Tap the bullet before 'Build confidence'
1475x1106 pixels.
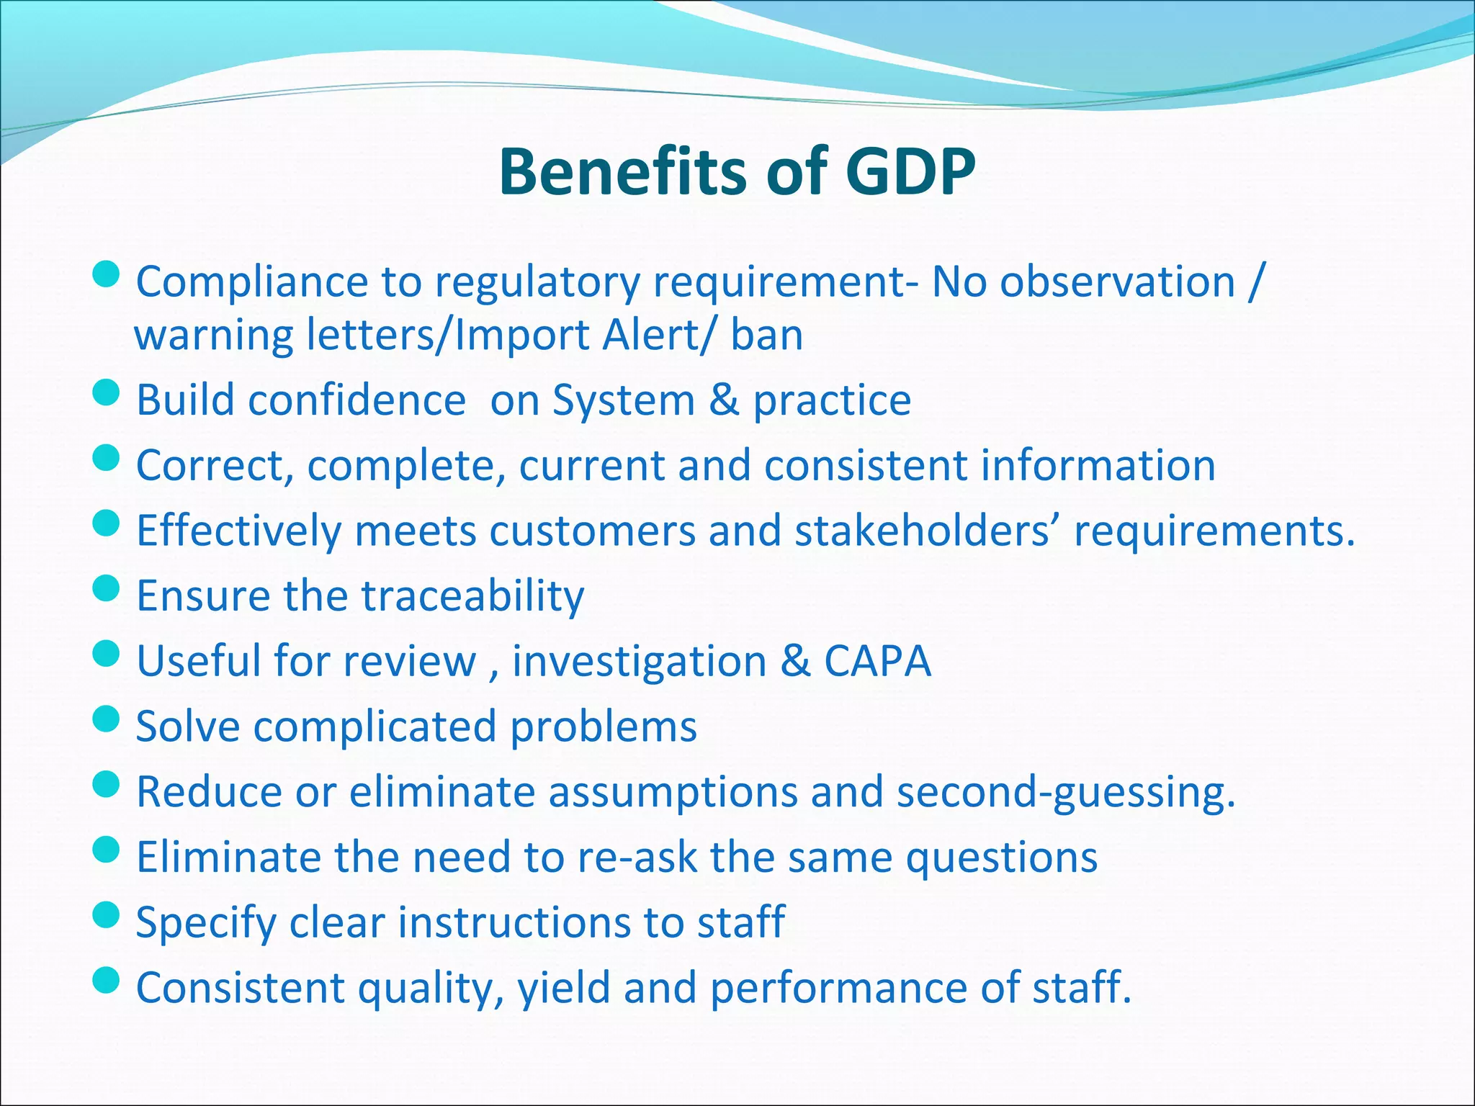106,393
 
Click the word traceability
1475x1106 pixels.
472,596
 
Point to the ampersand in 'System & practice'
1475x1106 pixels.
723,400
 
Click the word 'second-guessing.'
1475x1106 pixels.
1066,792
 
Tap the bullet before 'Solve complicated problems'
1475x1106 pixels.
106,719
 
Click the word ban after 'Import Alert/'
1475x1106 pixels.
766,336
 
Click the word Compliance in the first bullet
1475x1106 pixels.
252,282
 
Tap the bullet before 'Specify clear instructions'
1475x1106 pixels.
106,915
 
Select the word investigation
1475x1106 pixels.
639,661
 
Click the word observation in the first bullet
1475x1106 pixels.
1117,282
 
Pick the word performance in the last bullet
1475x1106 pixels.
838,988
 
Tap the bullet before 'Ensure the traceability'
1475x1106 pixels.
106,588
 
